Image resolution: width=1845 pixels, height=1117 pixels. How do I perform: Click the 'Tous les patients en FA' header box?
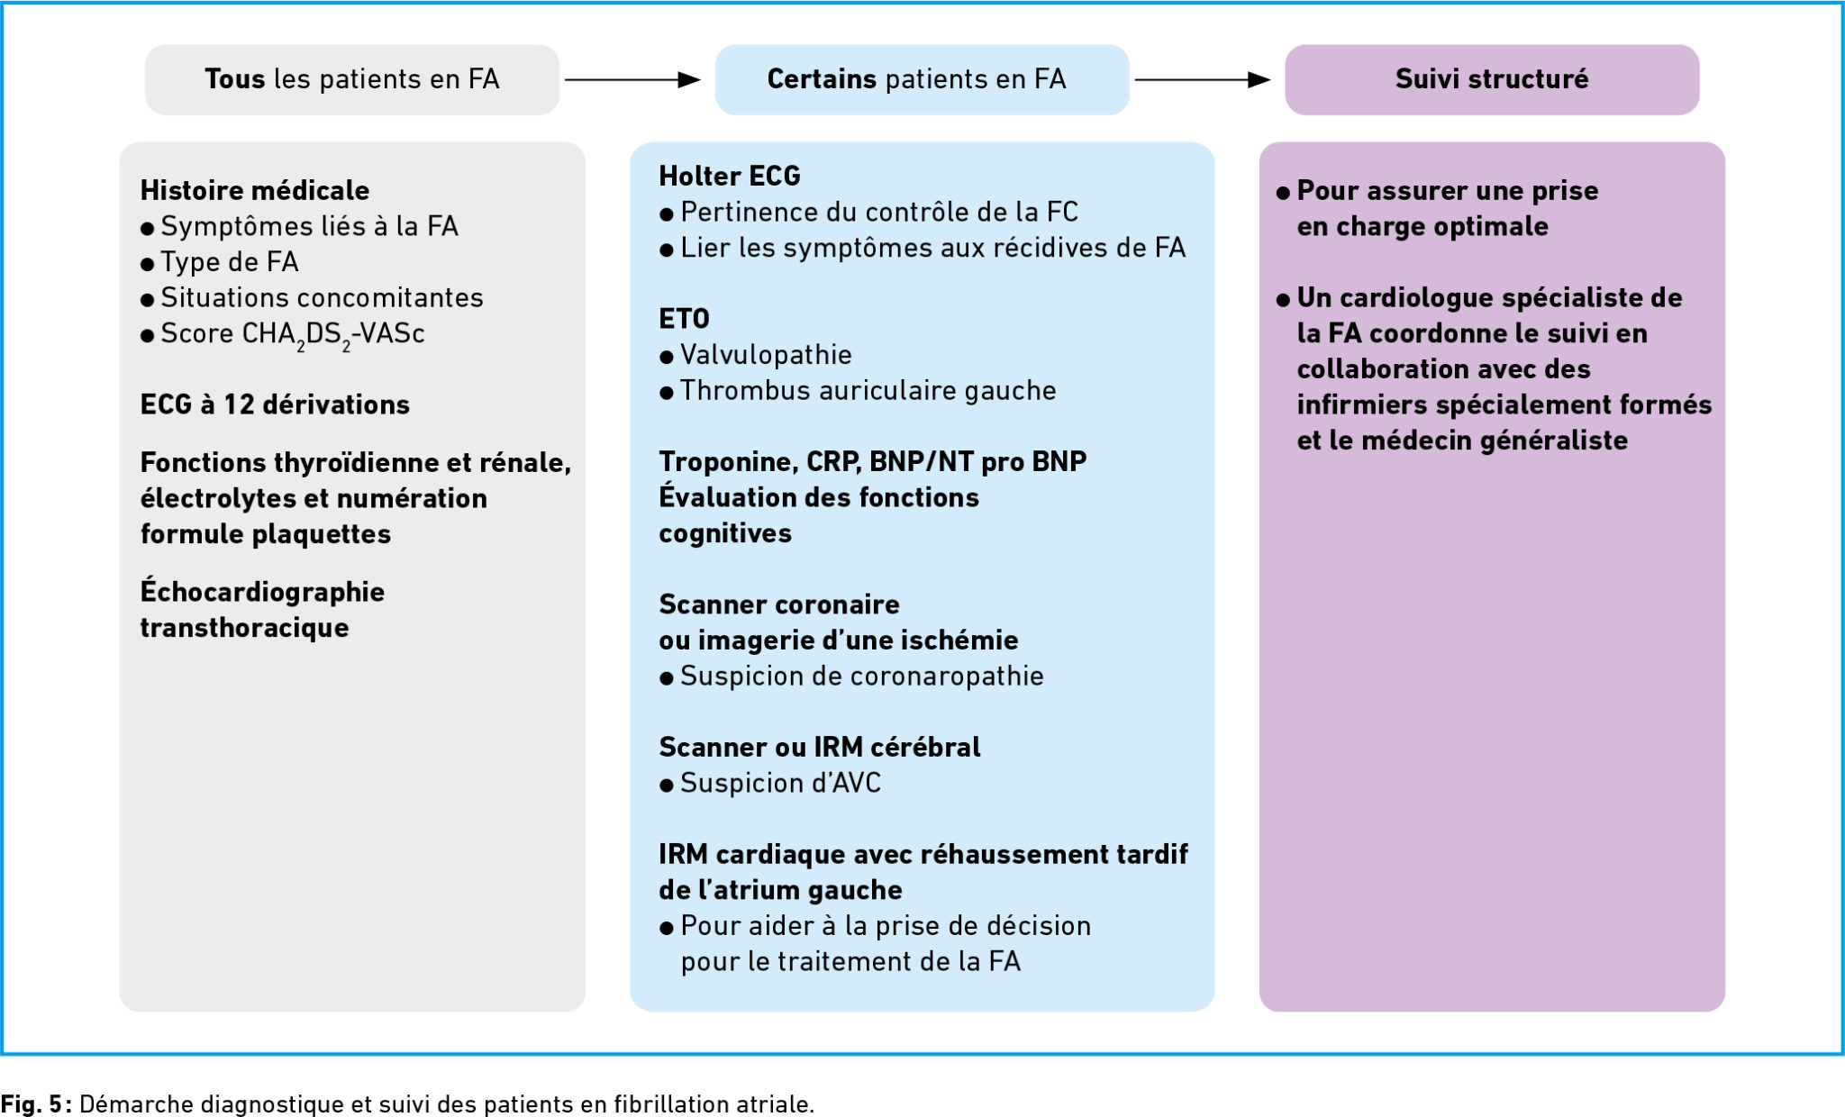point(351,79)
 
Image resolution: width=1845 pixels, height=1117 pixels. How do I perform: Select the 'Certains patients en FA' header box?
point(921,79)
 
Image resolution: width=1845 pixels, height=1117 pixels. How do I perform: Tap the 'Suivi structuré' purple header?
point(1491,79)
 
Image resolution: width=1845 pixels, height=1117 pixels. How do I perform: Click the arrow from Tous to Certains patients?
point(632,80)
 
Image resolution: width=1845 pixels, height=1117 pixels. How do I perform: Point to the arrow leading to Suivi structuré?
point(1202,80)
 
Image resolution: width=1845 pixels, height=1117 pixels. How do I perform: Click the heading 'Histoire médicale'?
point(254,190)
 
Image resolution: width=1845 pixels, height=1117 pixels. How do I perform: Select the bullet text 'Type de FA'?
point(229,262)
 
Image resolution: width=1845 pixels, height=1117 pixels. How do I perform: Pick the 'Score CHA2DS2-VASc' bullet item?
point(292,334)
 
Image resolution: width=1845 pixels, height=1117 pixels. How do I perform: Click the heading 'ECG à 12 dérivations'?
point(275,404)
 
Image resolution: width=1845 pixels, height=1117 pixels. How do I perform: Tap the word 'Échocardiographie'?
point(262,592)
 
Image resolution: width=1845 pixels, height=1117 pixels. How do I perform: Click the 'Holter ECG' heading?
point(729,176)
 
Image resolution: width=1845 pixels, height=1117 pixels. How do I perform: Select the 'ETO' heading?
point(684,319)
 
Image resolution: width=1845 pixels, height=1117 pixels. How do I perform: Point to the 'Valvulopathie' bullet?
point(765,355)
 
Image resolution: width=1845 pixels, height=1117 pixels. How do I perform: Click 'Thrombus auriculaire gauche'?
point(868,391)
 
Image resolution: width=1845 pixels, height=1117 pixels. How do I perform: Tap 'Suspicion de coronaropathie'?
point(861,677)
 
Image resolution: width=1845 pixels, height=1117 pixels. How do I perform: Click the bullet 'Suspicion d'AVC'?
point(780,784)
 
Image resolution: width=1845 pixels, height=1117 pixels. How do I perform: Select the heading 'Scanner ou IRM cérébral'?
point(819,747)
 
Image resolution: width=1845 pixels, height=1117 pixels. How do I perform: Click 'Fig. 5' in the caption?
point(31,1103)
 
